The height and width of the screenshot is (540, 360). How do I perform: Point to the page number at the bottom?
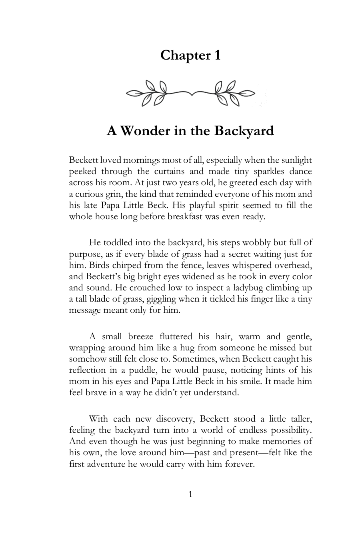(x=190, y=495)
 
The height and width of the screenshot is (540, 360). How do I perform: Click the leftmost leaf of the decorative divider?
(x=132, y=93)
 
